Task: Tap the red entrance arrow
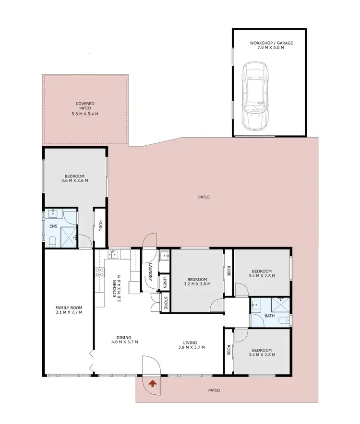point(153,383)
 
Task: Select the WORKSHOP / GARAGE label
point(271,46)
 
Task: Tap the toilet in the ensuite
point(53,241)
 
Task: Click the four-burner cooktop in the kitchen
point(100,273)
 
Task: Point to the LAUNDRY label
point(151,272)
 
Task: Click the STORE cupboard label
point(165,304)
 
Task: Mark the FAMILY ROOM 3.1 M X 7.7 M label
point(69,310)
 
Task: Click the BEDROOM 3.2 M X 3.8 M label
point(197,282)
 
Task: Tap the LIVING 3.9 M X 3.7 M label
point(192,345)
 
